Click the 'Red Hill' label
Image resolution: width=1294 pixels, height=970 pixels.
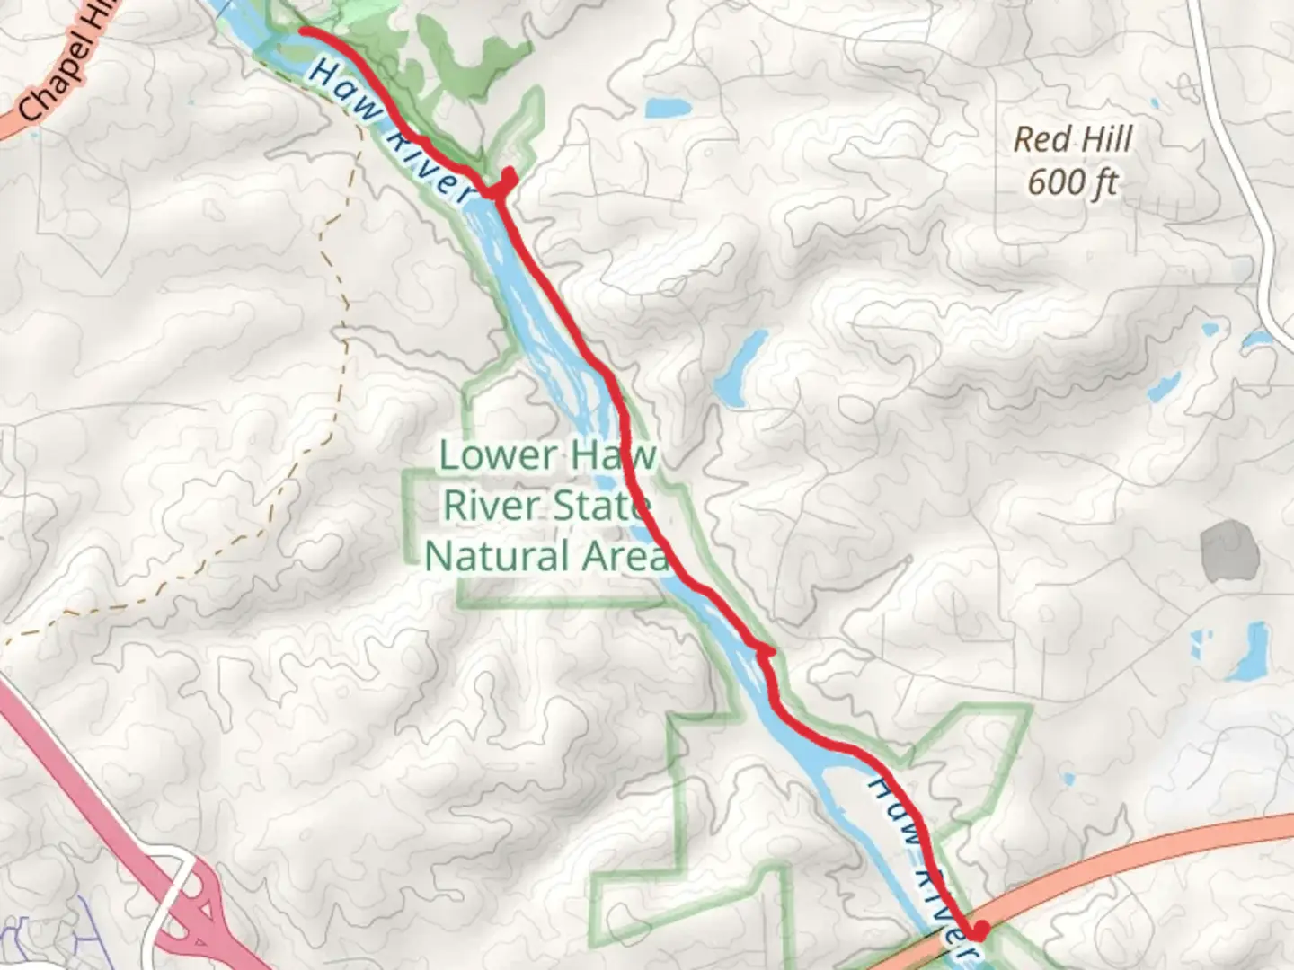[x=1073, y=139]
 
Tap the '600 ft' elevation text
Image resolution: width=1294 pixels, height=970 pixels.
[x=1072, y=182]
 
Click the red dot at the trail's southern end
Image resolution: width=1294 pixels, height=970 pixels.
[x=979, y=930]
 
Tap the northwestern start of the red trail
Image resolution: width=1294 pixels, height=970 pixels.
[x=303, y=31]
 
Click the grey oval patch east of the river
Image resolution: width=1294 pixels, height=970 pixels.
[x=1228, y=549]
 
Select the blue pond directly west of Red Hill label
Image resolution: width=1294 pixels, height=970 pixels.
[x=668, y=109]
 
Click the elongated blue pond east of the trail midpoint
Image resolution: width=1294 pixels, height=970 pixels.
[x=740, y=368]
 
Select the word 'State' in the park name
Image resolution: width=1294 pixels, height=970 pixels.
[x=600, y=506]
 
